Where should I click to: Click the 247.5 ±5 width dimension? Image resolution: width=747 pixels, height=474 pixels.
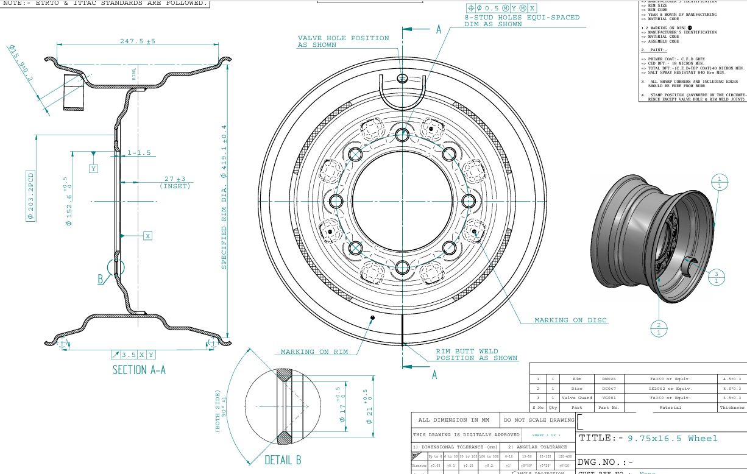pos(138,41)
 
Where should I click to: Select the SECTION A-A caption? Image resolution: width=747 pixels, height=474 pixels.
pos(139,370)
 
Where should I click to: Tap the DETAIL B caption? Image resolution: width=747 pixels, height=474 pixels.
pos(283,460)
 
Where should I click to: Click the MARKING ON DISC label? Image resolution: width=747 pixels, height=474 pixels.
pos(570,320)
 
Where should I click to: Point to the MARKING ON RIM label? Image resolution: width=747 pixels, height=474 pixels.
pos(314,352)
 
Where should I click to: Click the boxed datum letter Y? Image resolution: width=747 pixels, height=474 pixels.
pos(93,168)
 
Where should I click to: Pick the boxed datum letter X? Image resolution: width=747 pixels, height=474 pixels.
pos(147,235)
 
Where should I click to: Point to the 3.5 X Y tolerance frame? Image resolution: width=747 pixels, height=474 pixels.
pos(133,355)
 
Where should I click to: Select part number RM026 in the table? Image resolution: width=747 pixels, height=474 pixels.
pos(609,378)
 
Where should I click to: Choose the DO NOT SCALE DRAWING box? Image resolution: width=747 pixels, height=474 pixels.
pos(538,420)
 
